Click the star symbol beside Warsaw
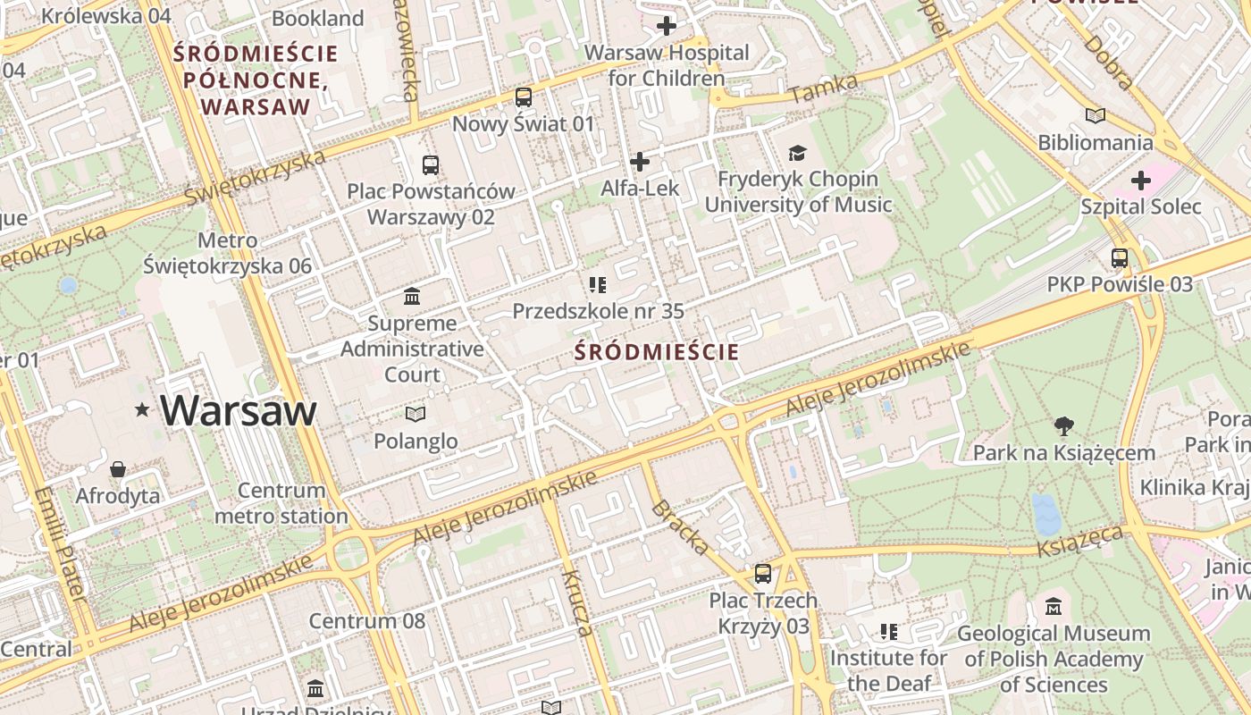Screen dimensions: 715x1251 [x=141, y=410]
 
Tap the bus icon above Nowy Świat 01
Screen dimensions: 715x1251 [x=523, y=97]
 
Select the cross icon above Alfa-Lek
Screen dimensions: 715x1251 [x=639, y=162]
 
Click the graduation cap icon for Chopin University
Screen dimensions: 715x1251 [x=797, y=153]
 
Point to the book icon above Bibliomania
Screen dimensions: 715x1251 [x=1095, y=115]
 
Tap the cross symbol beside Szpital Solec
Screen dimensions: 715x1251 [x=1140, y=181]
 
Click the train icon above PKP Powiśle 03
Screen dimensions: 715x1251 [x=1120, y=258]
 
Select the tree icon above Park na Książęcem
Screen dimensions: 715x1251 [x=1063, y=425]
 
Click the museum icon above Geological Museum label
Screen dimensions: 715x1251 [x=1053, y=606]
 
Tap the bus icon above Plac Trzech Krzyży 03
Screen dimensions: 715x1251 [x=762, y=573]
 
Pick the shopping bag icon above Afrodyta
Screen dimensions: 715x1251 [x=117, y=469]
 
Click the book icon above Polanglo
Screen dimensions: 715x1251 [x=415, y=414]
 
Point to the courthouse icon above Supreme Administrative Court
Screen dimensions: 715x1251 [x=412, y=296]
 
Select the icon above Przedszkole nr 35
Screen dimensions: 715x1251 [x=597, y=285]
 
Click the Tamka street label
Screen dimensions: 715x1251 [x=824, y=88]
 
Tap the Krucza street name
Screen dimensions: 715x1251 [x=577, y=602]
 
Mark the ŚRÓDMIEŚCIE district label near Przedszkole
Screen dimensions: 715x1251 [x=657, y=352]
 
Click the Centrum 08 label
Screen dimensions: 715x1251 [x=367, y=620]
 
